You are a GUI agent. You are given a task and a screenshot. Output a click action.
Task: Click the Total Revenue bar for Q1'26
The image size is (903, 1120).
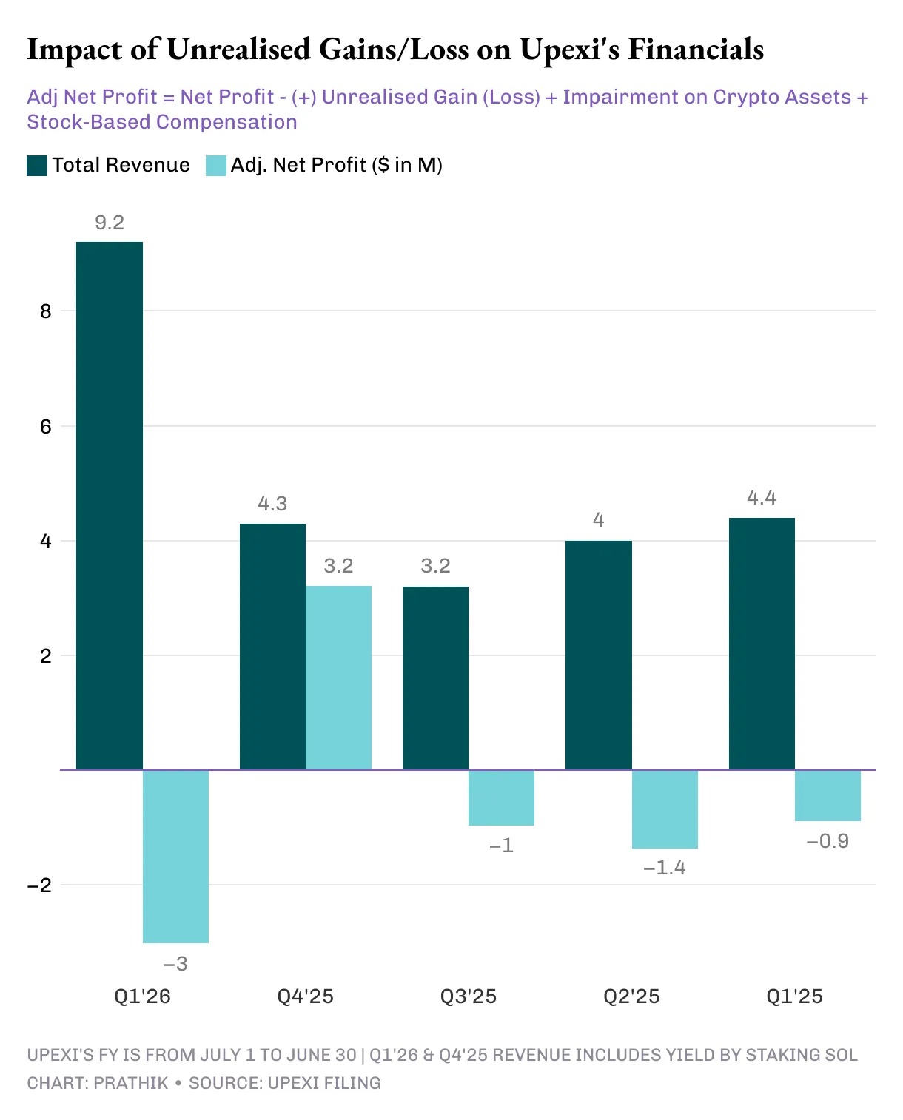click(110, 505)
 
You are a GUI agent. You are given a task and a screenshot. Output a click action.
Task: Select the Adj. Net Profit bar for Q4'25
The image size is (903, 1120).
click(338, 678)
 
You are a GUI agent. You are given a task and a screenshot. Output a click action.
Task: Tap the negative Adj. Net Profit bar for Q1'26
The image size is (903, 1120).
click(175, 856)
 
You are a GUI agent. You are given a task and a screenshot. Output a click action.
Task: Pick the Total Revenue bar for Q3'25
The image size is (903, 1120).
click(435, 678)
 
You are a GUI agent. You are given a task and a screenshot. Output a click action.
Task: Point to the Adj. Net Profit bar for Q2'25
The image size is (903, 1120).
click(665, 809)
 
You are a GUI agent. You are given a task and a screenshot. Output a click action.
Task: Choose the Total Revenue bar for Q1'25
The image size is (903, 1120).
click(762, 644)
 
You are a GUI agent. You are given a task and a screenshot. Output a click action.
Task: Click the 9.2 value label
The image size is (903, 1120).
click(110, 223)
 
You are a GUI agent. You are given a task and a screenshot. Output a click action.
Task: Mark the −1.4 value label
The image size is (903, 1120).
click(665, 868)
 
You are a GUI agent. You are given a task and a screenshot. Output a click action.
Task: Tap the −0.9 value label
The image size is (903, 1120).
click(828, 841)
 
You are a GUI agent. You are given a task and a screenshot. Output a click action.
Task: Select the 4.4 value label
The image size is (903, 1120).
click(762, 498)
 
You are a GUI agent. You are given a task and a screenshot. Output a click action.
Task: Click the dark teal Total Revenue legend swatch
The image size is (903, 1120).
click(37, 165)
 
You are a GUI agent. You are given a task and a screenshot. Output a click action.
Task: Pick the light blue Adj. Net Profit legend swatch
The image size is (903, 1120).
click(216, 165)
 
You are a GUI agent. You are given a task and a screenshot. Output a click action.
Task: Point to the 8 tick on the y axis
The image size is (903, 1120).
click(46, 311)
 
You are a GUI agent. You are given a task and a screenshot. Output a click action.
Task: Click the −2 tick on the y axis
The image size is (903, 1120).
click(40, 885)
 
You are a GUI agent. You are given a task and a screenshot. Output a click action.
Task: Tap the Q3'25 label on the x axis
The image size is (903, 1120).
click(468, 996)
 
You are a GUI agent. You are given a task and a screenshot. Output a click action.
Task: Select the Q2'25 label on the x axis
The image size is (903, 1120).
click(631, 996)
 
